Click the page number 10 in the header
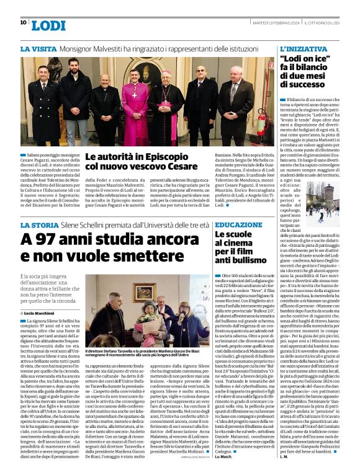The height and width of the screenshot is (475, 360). tap(23, 22)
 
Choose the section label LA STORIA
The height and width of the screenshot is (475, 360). tap(38, 225)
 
